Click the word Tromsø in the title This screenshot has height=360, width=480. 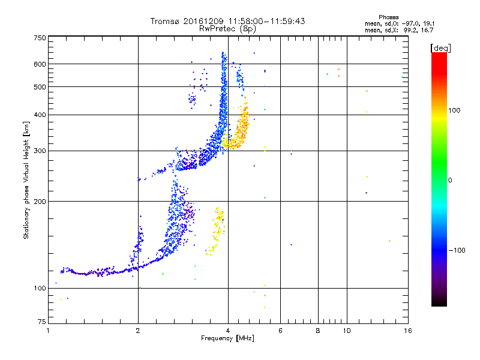click(166, 21)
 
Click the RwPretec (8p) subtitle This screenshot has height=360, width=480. click(227, 29)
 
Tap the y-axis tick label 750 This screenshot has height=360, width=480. click(40, 38)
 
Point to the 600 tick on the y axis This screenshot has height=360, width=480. click(40, 64)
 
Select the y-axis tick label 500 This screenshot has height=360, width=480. click(40, 87)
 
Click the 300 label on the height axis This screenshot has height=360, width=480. click(40, 151)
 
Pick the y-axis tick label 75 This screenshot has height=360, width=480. click(42, 322)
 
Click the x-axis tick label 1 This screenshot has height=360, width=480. click(48, 331)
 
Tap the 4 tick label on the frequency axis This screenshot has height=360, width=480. click(228, 331)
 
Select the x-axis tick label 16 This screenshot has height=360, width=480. click(408, 331)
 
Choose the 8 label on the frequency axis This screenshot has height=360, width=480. click(318, 331)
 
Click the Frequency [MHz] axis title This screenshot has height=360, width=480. click(227, 338)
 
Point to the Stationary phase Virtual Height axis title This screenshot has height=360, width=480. click(26, 181)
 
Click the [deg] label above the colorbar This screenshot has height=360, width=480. click(440, 48)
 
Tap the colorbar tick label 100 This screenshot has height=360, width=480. click(454, 110)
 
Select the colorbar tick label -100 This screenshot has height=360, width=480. click(457, 250)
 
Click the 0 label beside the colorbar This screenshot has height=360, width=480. click(450, 181)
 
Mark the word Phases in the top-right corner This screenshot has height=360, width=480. click(388, 17)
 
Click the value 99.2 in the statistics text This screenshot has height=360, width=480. click(410, 31)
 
